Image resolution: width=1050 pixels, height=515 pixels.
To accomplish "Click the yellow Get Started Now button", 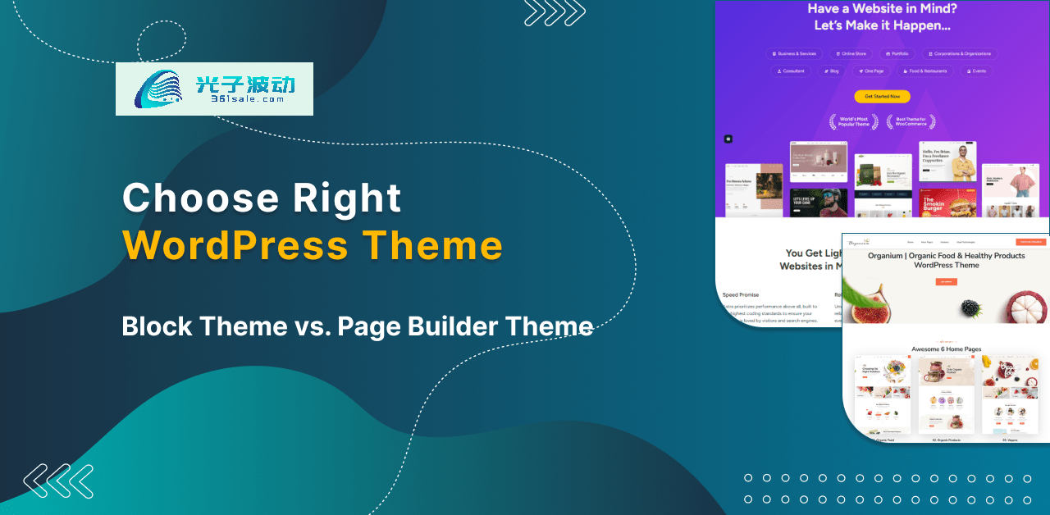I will pyautogui.click(x=882, y=97).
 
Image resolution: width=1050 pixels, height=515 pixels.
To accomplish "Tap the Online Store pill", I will pyautogui.click(x=851, y=53).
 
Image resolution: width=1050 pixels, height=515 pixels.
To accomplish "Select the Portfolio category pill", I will pyautogui.click(x=897, y=53).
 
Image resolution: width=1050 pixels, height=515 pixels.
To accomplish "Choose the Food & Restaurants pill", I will pyautogui.click(x=924, y=71).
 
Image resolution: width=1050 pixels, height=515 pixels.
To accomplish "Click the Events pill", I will pyautogui.click(x=976, y=71).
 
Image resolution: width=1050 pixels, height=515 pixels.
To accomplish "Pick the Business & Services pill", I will pyautogui.click(x=794, y=53).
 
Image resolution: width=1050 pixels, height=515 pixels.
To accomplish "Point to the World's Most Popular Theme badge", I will pyautogui.click(x=854, y=122).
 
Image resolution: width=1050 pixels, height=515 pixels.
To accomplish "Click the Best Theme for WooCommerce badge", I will pyautogui.click(x=911, y=122).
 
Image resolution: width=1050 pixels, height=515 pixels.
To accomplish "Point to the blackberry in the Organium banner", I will pyautogui.click(x=971, y=308).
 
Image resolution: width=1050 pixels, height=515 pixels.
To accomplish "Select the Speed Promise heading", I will pyautogui.click(x=740, y=294).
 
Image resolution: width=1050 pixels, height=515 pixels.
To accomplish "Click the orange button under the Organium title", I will pyautogui.click(x=946, y=281).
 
